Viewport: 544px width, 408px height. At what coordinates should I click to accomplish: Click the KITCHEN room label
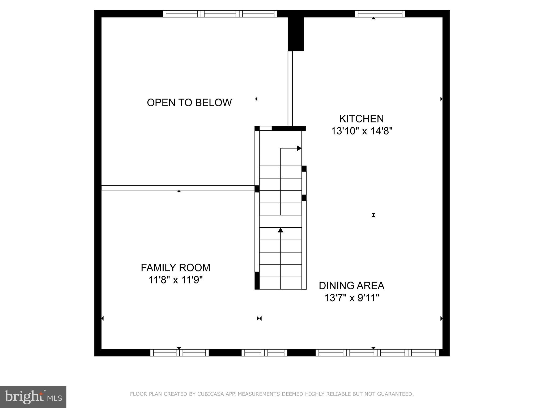[x=362, y=118]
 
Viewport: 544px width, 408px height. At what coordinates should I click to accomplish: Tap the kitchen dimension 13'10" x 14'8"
[x=362, y=131]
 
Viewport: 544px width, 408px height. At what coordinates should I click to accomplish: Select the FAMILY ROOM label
[x=176, y=267]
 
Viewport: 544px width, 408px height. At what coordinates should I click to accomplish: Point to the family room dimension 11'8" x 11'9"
[x=176, y=280]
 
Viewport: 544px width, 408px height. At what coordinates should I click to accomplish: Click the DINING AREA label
[x=351, y=286]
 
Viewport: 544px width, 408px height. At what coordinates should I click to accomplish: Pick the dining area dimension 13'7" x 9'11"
[x=351, y=298]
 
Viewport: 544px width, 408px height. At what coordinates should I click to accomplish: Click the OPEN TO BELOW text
[x=189, y=103]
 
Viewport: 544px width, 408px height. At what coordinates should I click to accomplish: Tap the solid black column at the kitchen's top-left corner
[x=296, y=34]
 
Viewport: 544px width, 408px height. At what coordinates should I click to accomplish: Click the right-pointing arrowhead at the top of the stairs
[x=299, y=148]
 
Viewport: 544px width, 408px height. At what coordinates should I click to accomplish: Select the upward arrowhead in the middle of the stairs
[x=280, y=230]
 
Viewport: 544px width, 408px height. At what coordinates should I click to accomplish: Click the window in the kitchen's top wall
[x=380, y=14]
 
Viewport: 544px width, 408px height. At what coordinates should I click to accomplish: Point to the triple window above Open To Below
[x=220, y=14]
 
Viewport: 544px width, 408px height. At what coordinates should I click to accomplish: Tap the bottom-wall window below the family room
[x=180, y=353]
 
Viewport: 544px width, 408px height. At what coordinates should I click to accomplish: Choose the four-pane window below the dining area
[x=377, y=353]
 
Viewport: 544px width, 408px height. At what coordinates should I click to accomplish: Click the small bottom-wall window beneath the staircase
[x=264, y=353]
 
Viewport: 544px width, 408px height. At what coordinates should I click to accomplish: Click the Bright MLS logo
[x=33, y=397]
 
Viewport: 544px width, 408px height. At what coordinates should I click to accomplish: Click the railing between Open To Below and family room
[x=178, y=188]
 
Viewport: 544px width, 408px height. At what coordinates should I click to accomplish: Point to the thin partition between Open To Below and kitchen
[x=290, y=88]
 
